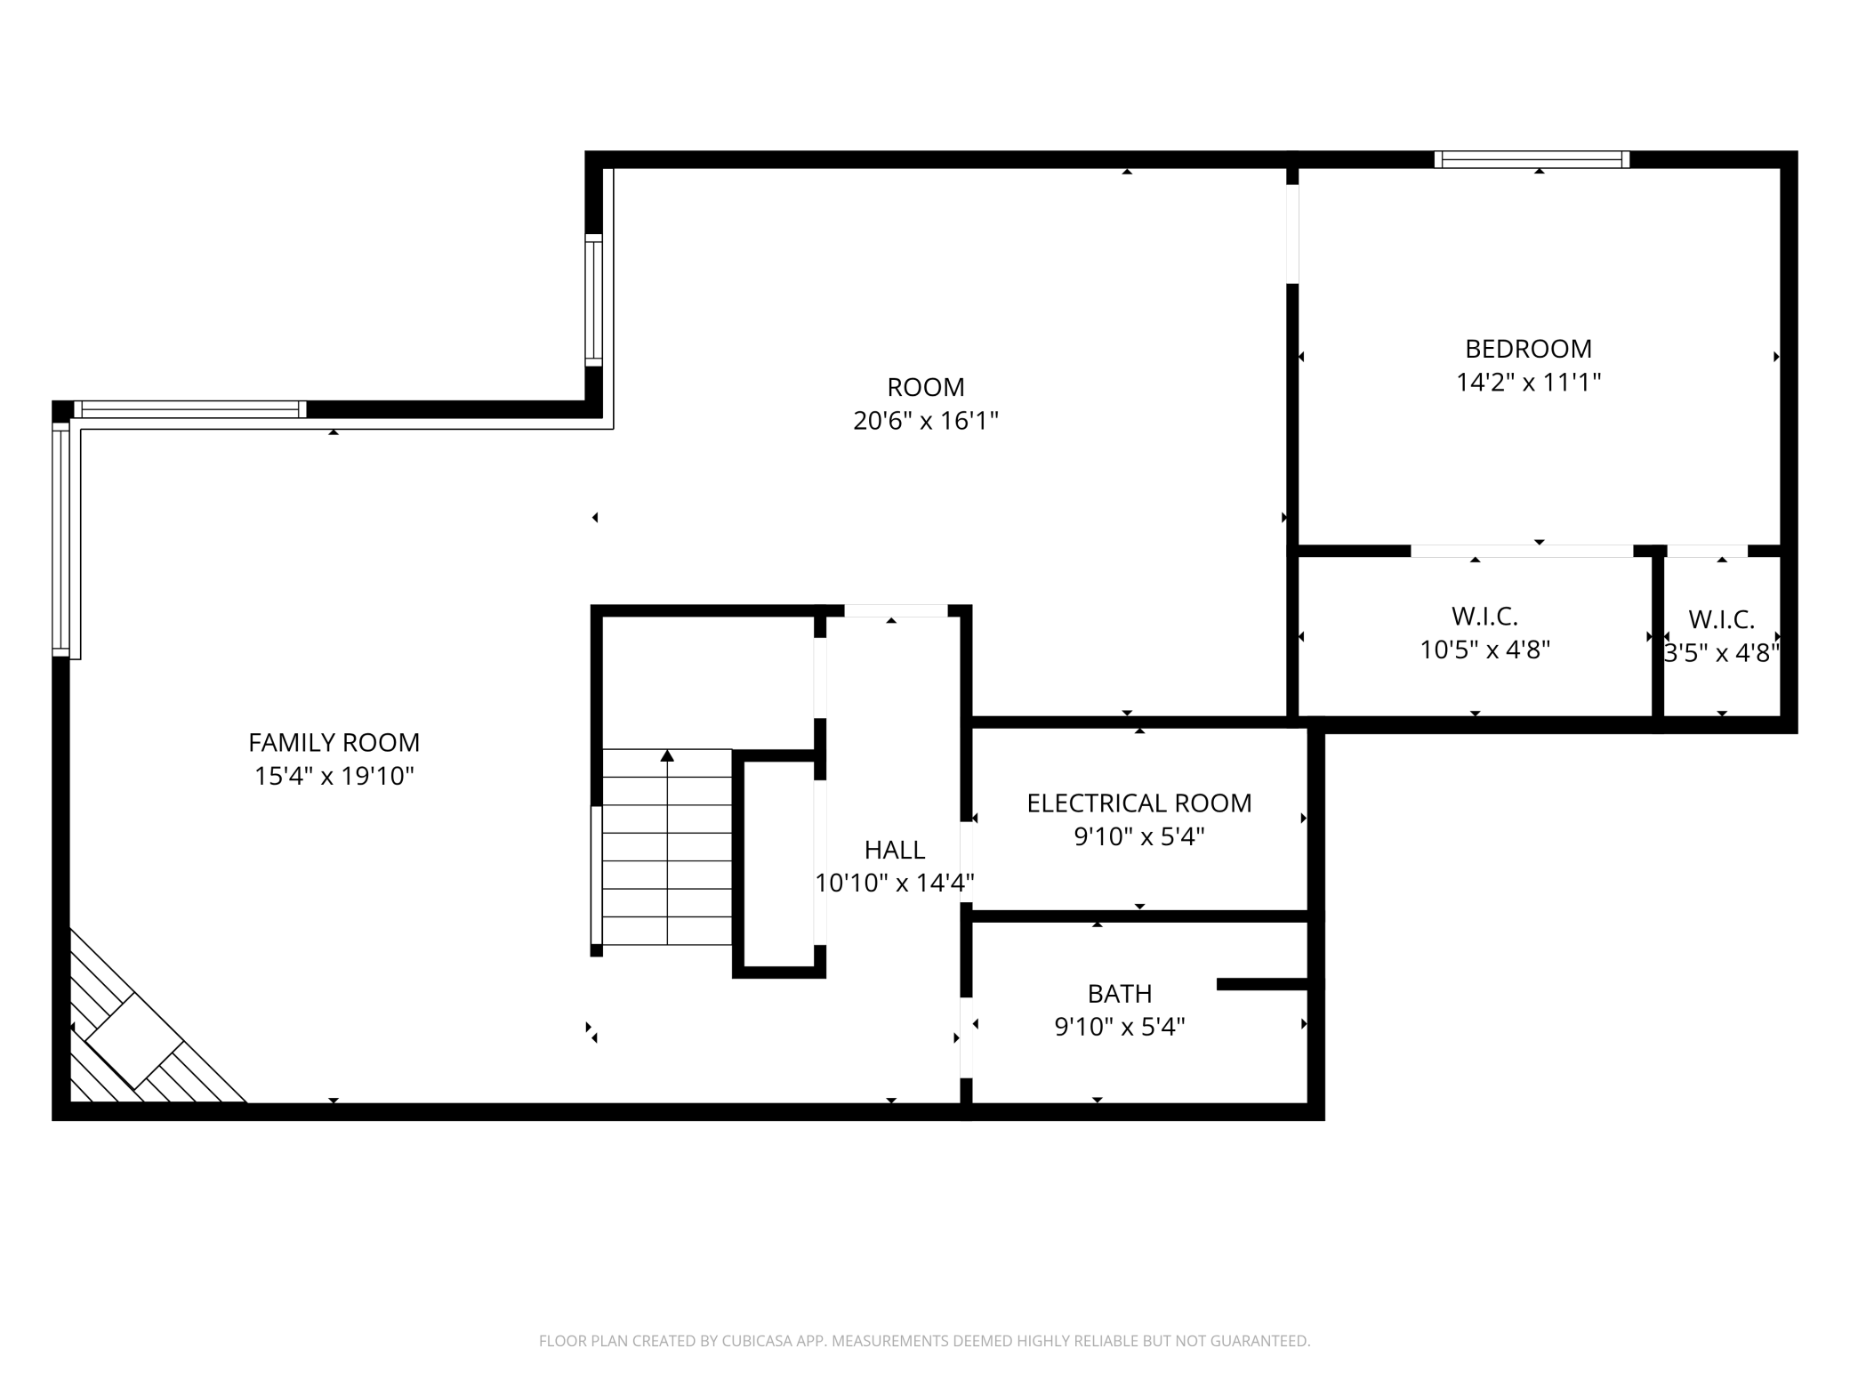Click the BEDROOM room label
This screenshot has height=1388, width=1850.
click(1528, 349)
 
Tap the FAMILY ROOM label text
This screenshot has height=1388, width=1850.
click(334, 742)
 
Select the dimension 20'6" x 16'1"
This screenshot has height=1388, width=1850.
click(925, 420)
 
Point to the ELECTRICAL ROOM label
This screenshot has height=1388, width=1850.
click(1138, 803)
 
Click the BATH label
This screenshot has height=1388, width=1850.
click(1119, 993)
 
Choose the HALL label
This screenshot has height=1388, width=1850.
click(895, 850)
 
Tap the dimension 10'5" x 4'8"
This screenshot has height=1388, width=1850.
click(1484, 650)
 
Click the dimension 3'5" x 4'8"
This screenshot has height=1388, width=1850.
click(1721, 653)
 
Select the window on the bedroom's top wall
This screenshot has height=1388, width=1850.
click(1532, 159)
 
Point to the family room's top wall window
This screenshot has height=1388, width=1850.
click(189, 409)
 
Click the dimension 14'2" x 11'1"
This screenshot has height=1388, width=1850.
click(1528, 382)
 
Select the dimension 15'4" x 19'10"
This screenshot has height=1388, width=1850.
click(334, 776)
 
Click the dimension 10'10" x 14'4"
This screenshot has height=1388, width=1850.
click(895, 883)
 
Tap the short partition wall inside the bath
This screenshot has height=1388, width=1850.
click(1262, 984)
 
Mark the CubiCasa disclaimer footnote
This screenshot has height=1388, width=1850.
click(925, 1341)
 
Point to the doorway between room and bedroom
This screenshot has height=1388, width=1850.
click(1292, 234)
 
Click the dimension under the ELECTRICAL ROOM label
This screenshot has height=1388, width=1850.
click(1138, 836)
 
